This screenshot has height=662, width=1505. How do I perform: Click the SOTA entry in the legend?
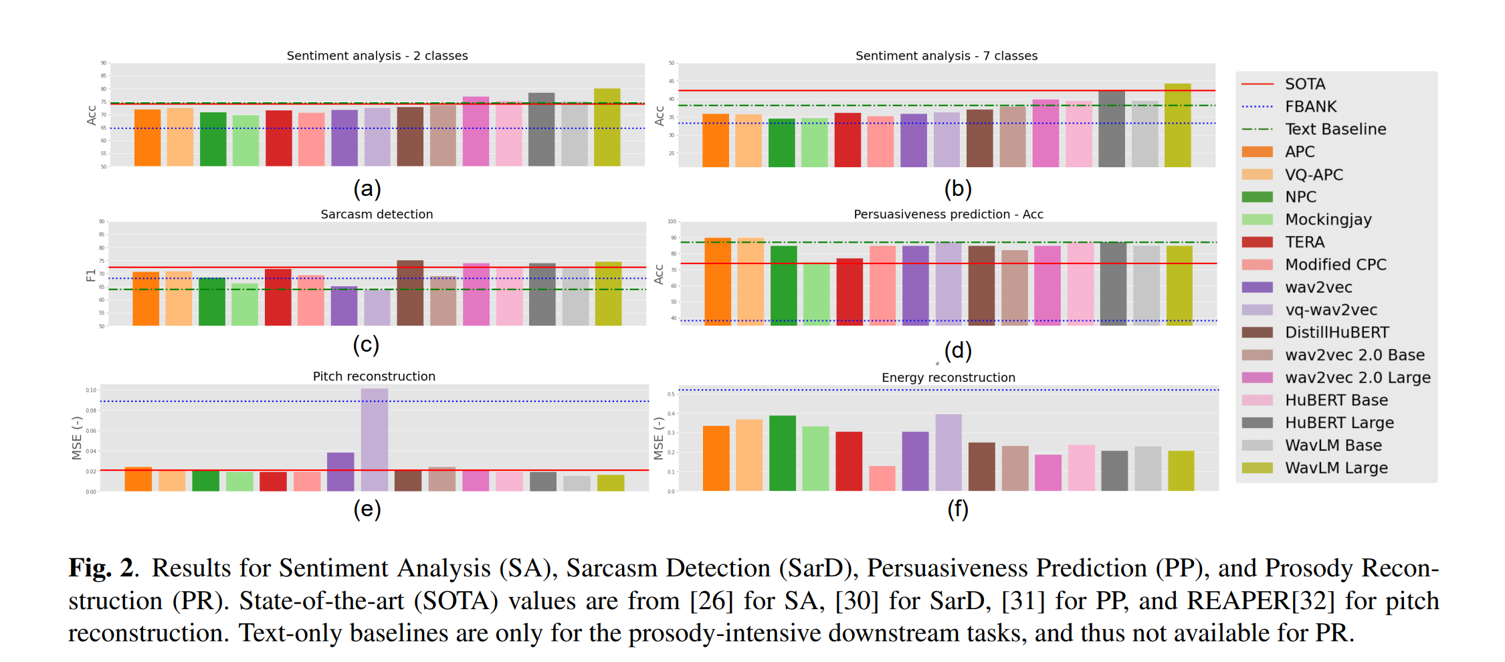click(x=1304, y=84)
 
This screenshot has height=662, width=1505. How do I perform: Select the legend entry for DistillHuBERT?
click(x=1336, y=332)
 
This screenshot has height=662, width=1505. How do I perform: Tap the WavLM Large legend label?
click(x=1336, y=468)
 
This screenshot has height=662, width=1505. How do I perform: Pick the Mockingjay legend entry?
click(x=1328, y=219)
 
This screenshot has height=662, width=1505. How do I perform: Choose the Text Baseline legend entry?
click(x=1335, y=129)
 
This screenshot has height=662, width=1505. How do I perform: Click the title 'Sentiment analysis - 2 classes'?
click(x=377, y=56)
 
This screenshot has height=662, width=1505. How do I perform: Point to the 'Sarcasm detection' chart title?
click(x=377, y=214)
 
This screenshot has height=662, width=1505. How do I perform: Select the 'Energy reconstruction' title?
click(x=948, y=378)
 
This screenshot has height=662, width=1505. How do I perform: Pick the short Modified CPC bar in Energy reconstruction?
click(x=882, y=478)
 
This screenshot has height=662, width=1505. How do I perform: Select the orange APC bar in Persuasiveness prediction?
click(x=718, y=281)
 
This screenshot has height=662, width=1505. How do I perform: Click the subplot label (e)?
click(x=367, y=510)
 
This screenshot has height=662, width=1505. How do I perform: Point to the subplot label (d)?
click(x=957, y=350)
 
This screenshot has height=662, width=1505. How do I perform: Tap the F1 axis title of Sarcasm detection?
click(x=91, y=275)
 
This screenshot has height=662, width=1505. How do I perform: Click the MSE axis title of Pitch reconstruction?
click(x=77, y=438)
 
